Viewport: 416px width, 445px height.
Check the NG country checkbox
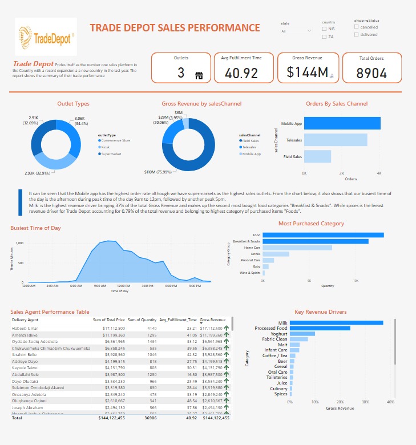[324, 29]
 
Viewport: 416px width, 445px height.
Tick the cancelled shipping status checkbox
[357, 27]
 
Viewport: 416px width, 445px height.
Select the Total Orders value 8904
[371, 73]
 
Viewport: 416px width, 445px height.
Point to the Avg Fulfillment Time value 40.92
[241, 73]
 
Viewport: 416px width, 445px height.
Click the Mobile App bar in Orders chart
[342, 123]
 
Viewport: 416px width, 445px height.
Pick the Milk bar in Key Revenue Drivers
[336, 323]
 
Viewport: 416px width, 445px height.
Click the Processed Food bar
[320, 328]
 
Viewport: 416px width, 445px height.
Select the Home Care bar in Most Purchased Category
[297, 248]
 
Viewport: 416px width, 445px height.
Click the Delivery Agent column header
[25, 320]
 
